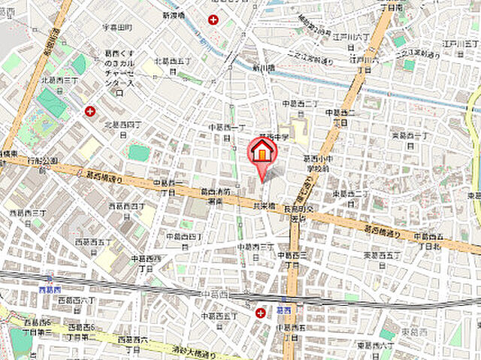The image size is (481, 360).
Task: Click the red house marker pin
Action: (x=262, y=153)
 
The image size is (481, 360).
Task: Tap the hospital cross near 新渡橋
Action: (x=215, y=20)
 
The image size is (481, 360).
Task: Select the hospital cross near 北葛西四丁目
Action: (x=91, y=112)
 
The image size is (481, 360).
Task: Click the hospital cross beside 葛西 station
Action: (x=260, y=312)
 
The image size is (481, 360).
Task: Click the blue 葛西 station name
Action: (x=283, y=309)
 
